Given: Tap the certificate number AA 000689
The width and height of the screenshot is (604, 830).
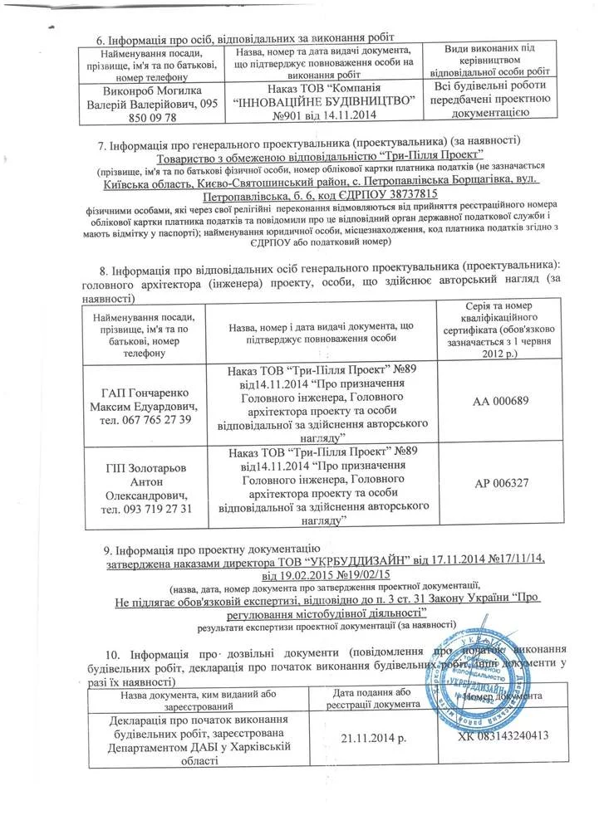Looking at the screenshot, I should [x=508, y=400].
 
